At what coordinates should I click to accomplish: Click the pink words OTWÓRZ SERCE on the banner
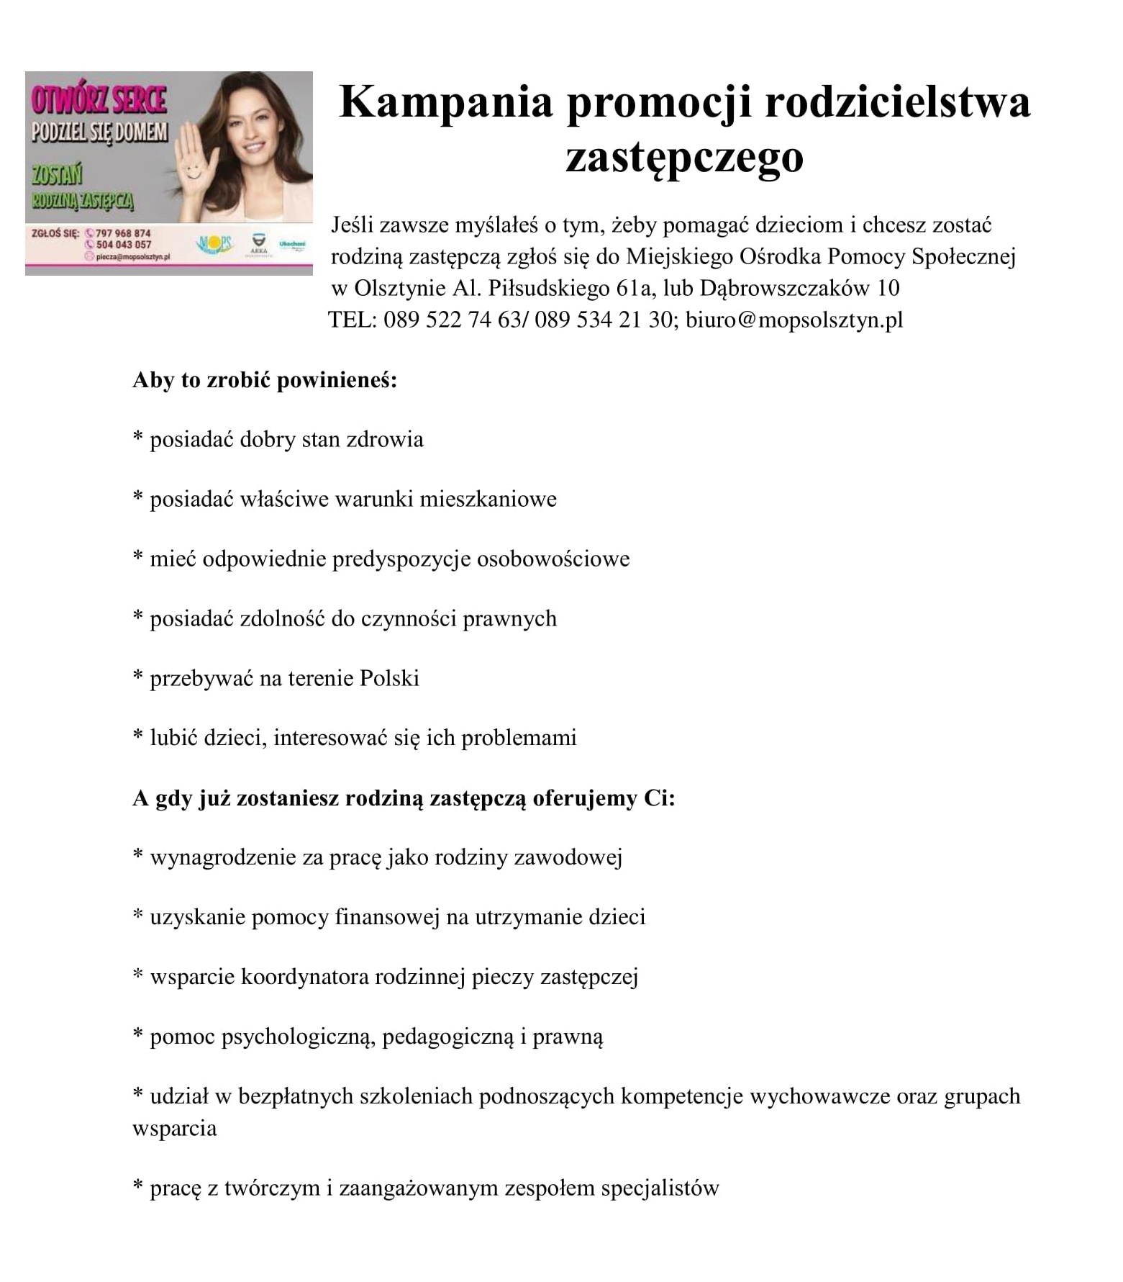tap(99, 100)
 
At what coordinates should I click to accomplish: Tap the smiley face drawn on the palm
tap(191, 168)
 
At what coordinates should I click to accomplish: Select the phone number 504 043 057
tap(124, 245)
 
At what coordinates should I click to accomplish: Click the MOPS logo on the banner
tap(215, 245)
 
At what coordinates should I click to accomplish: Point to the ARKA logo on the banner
tap(257, 243)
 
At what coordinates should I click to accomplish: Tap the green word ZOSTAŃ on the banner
tap(57, 175)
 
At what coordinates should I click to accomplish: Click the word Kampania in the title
tap(445, 101)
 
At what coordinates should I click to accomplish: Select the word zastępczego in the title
tap(683, 158)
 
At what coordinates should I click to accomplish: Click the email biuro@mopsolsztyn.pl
tap(794, 320)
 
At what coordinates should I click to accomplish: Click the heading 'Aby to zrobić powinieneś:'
tap(265, 380)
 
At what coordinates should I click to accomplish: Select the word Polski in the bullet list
tap(389, 679)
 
